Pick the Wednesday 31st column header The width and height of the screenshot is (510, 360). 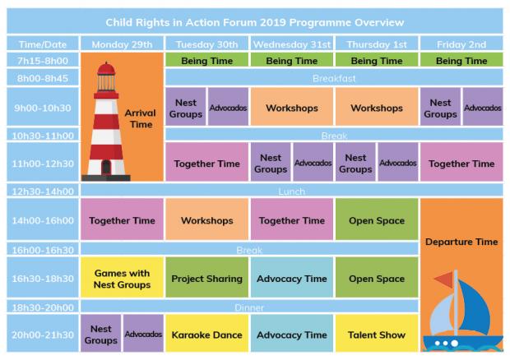[292, 44]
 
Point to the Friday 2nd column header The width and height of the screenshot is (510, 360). [461, 44]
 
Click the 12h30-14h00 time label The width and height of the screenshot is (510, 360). [43, 191]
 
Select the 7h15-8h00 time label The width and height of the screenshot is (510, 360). [43, 61]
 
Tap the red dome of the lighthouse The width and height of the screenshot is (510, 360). [106, 68]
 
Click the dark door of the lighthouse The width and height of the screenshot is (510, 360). [106, 168]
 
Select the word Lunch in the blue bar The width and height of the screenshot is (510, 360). [292, 192]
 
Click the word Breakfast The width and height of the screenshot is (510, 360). [334, 78]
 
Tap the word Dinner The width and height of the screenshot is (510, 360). [249, 307]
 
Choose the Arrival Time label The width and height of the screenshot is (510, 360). [141, 118]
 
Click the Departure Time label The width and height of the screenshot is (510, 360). [461, 242]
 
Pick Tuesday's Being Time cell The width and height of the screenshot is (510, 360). [206, 61]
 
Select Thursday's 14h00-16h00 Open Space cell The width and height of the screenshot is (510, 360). [377, 219]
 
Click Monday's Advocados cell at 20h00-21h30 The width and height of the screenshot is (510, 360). [143, 333]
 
